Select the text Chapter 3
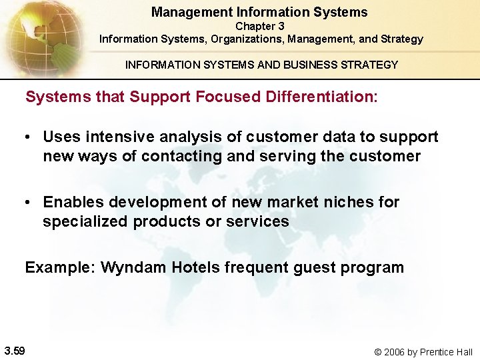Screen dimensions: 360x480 click(x=260, y=26)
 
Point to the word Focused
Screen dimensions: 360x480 click(x=160, y=97)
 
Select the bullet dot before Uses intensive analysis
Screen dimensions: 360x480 click(x=29, y=137)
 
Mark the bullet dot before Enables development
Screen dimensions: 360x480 click(x=29, y=203)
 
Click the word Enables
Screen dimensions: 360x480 click(x=73, y=202)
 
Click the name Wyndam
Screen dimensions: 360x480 click(x=133, y=268)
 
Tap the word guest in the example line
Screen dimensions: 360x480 click(x=316, y=268)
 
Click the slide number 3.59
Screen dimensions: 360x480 click(x=15, y=351)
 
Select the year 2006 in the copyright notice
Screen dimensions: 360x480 click(x=398, y=351)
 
